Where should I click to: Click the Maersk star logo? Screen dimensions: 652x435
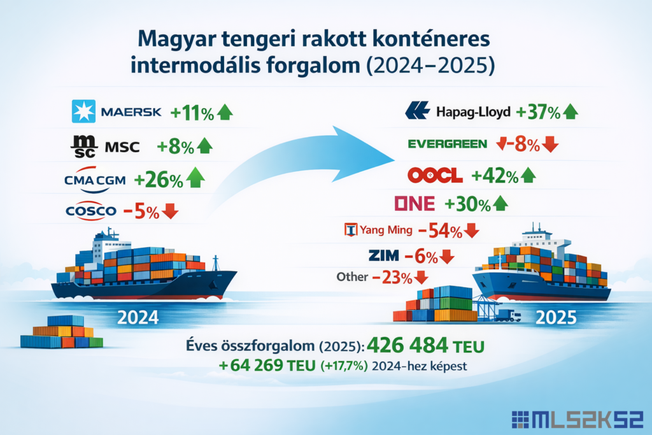coord(83,111)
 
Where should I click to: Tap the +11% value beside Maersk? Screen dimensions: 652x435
coord(192,113)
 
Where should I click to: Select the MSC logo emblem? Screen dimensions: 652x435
coord(84,146)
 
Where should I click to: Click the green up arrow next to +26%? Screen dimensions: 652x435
coord(195,178)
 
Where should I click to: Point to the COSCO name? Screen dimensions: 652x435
coord(91,211)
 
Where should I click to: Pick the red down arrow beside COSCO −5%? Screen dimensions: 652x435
coord(169,211)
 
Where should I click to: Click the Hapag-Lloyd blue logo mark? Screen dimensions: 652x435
coord(417,111)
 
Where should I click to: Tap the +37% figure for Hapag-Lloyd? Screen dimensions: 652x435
coord(538,112)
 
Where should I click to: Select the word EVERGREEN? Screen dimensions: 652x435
coord(448,144)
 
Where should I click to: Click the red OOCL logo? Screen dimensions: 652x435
coord(435,176)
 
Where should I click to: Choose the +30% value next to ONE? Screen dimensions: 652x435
coord(467,204)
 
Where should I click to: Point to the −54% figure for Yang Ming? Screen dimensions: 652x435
coord(440,231)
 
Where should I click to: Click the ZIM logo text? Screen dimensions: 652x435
coord(383,255)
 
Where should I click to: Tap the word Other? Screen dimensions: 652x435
coord(352,277)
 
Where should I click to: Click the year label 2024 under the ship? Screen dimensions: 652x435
coord(138,318)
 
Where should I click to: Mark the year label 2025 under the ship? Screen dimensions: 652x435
coord(556,318)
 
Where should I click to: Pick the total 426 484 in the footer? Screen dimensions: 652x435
coord(408,345)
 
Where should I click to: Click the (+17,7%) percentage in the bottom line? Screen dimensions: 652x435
coord(344,366)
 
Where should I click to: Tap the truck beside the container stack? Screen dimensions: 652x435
coord(507,316)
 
